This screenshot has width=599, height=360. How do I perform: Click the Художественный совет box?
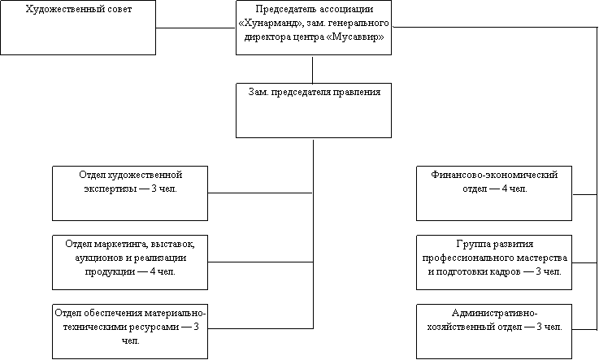coord(78,28)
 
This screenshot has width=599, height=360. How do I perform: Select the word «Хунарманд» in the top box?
coord(270,24)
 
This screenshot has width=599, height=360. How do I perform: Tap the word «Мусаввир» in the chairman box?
coord(356,37)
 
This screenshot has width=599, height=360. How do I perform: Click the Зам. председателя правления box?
coord(314,111)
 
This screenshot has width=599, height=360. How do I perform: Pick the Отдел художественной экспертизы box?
coord(130,193)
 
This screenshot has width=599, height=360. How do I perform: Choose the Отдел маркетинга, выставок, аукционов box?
coord(130,262)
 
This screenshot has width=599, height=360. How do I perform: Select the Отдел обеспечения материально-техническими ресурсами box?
coord(130,332)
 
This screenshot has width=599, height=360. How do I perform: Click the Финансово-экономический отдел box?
coord(494,193)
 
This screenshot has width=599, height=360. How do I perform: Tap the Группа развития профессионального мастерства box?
coord(494,262)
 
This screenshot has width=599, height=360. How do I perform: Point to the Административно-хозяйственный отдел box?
coord(494,332)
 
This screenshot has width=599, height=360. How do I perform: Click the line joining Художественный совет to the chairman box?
coord(196,28)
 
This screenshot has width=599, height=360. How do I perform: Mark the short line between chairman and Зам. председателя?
coord(312,69)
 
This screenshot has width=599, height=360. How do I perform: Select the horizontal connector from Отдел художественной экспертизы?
coord(260,193)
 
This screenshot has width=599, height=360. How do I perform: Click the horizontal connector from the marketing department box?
coord(260,262)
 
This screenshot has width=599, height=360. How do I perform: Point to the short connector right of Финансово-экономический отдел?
coord(584,195)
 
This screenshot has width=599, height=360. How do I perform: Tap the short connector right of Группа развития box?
coord(584,262)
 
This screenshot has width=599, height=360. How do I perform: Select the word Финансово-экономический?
coord(494,175)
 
